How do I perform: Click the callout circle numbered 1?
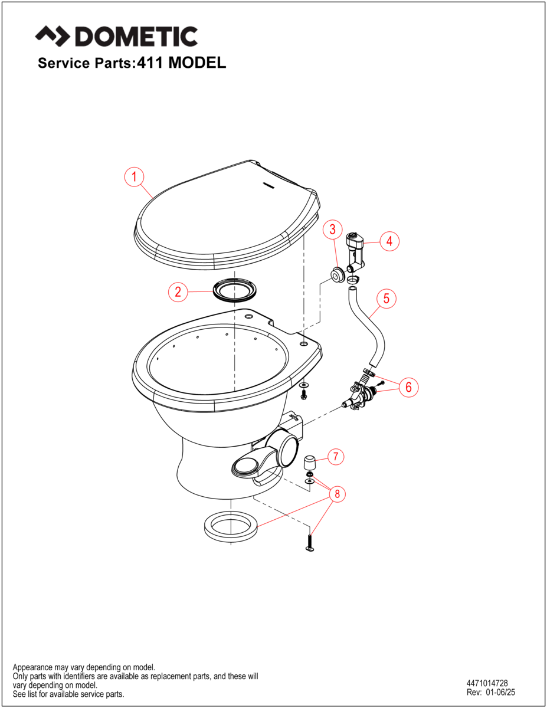pyautogui.click(x=135, y=176)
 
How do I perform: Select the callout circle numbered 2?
pyautogui.click(x=179, y=291)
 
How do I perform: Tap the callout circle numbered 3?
pyautogui.click(x=333, y=228)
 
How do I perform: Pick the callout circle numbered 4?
pyautogui.click(x=389, y=241)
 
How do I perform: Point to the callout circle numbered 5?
pyautogui.click(x=386, y=299)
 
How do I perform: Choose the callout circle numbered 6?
pyautogui.click(x=408, y=387)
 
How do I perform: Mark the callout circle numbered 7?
pyautogui.click(x=335, y=456)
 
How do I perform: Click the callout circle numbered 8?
pyautogui.click(x=338, y=494)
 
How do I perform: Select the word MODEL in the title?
pyautogui.click(x=197, y=63)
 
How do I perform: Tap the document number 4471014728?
pyautogui.click(x=487, y=683)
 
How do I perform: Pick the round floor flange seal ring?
pyautogui.click(x=231, y=525)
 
